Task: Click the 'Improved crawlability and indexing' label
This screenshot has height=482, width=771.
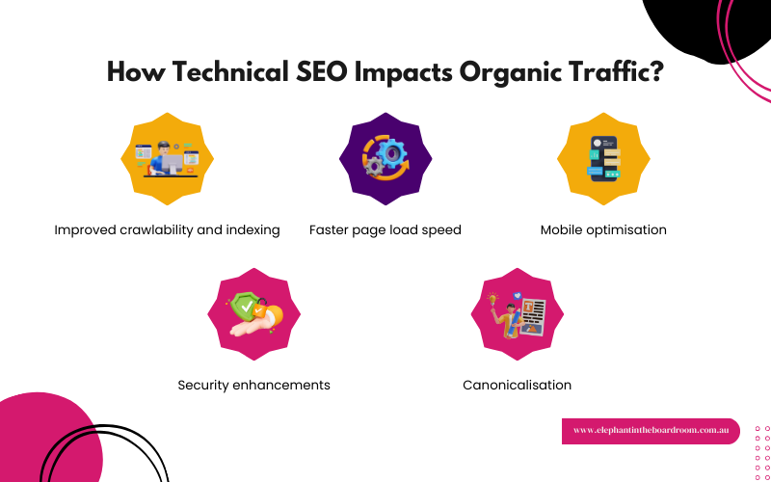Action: pos(167,230)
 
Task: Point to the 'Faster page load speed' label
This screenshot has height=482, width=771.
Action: pos(385,230)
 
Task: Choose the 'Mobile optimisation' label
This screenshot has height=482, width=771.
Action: pos(603,230)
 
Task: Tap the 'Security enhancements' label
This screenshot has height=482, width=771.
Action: pos(254,385)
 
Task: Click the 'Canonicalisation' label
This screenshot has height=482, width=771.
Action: pos(518,385)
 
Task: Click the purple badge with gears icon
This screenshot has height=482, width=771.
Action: pos(385,159)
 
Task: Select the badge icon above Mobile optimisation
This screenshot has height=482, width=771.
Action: pos(603,159)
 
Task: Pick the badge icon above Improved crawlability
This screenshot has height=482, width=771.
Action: pos(167,159)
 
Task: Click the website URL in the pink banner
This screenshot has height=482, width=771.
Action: pos(651,431)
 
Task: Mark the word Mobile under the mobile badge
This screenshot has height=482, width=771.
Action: pos(563,230)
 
